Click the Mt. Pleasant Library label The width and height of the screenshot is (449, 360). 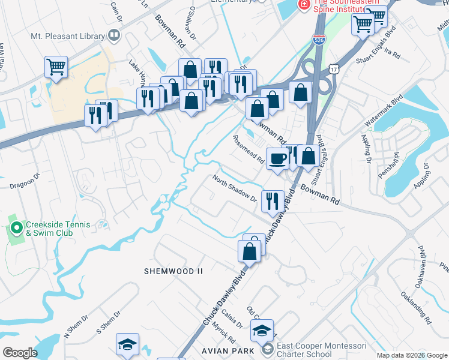(x=67, y=36)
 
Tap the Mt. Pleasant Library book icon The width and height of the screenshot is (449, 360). (x=113, y=36)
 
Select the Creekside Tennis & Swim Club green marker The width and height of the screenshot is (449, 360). (x=16, y=229)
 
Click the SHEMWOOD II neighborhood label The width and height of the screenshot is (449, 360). (x=173, y=271)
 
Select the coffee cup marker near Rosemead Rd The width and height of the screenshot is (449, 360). (x=278, y=159)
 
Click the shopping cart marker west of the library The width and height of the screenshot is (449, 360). (x=56, y=67)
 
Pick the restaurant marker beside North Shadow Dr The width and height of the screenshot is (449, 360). (x=273, y=201)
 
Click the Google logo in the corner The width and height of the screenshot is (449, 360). (x=20, y=353)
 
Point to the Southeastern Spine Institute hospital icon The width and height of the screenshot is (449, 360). (x=304, y=4)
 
